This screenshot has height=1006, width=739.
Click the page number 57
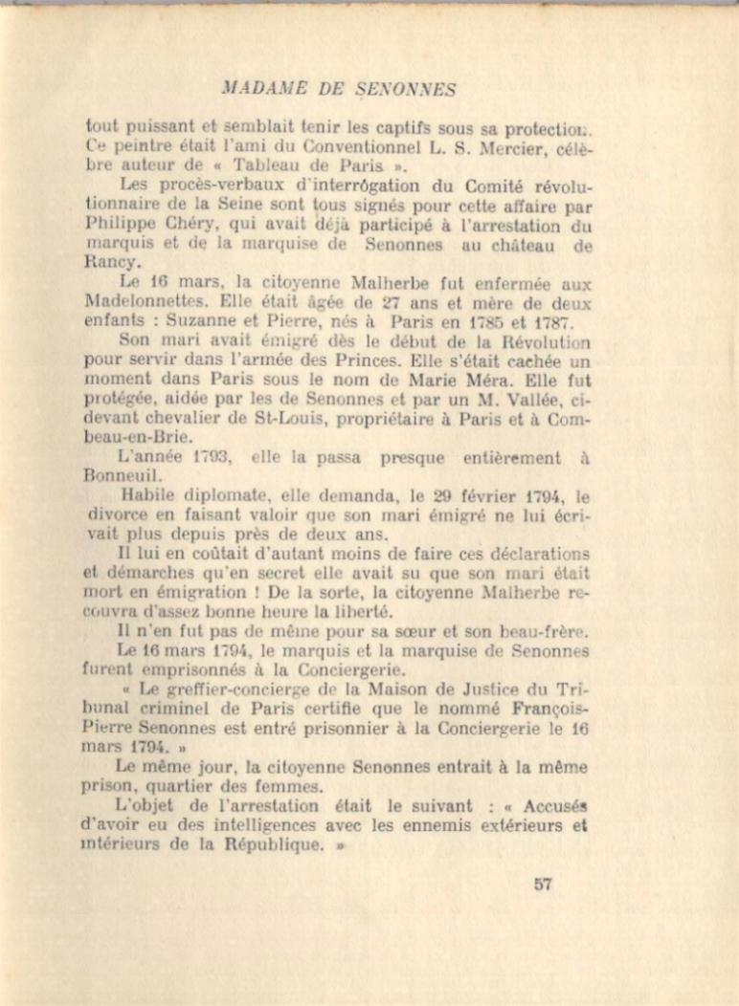tap(543, 885)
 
